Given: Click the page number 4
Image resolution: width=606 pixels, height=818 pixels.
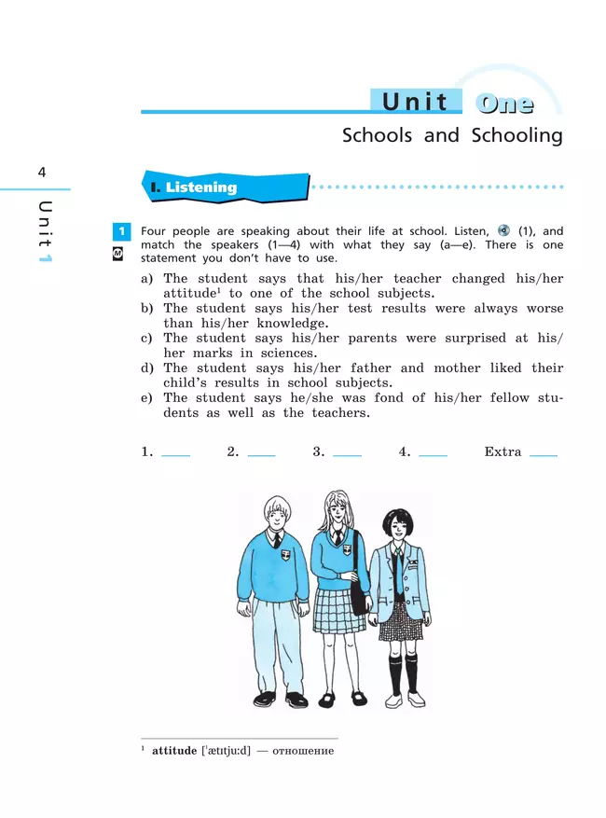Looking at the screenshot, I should [42, 173].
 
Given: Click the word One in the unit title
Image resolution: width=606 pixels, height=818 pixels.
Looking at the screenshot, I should [503, 103].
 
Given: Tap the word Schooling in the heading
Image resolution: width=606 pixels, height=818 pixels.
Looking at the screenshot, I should [516, 135].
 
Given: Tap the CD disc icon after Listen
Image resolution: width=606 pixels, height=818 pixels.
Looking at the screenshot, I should [503, 231].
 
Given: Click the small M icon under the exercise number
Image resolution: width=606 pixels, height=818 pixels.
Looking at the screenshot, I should [118, 252].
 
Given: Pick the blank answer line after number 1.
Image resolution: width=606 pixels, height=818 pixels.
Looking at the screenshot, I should [175, 453].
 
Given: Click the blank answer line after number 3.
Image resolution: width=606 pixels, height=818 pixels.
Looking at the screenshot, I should [347, 453].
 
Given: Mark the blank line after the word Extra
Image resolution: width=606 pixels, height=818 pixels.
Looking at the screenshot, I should [543, 453].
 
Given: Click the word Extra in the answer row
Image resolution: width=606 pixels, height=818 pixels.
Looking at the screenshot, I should [503, 451].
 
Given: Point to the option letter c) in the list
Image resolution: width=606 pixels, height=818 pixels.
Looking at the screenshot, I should [146, 339].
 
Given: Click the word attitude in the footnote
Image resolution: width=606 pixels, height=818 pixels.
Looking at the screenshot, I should [174, 751].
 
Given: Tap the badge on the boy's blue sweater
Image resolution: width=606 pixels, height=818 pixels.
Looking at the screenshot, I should [284, 551].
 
